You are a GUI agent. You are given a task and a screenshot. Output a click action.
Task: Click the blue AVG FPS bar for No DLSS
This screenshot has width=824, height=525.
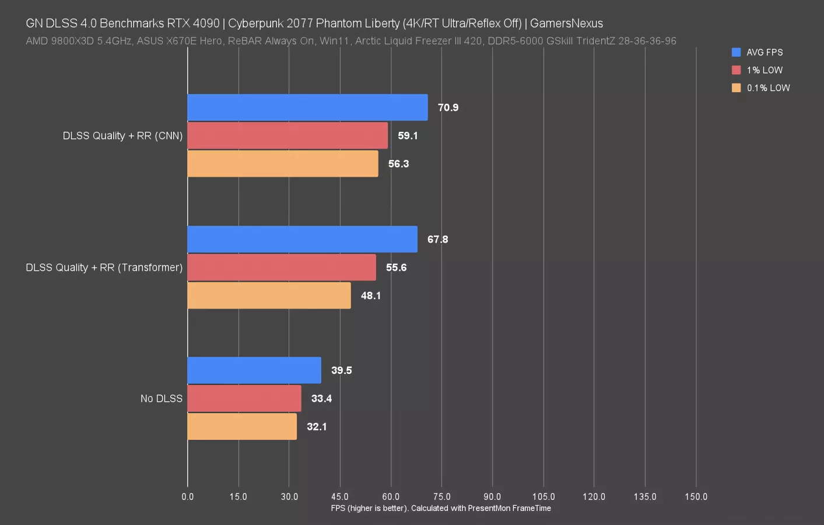click(x=254, y=370)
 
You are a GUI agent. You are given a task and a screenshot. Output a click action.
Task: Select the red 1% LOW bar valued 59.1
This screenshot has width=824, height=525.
click(x=287, y=135)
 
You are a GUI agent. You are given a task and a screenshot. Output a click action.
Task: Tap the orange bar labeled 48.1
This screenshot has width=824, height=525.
click(x=269, y=296)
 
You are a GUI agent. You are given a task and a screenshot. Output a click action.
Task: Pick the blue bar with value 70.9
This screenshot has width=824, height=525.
click(x=307, y=107)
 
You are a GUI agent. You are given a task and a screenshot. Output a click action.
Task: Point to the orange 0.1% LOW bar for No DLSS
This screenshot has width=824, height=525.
click(x=242, y=426)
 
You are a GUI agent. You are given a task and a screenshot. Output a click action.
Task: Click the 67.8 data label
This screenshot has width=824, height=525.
click(x=437, y=239)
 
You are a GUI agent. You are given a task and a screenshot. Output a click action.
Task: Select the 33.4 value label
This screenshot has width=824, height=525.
click(x=321, y=398)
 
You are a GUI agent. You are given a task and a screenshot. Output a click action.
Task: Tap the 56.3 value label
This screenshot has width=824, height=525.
click(x=398, y=164)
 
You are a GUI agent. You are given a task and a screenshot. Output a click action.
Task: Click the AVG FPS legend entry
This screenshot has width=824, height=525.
click(x=764, y=52)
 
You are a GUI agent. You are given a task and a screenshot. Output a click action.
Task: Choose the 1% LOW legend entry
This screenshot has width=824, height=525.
click(x=764, y=70)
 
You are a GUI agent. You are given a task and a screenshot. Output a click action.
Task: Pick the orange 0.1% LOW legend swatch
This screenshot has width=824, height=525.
click(x=737, y=88)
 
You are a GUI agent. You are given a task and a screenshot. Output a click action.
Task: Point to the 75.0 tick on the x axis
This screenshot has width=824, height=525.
click(x=441, y=496)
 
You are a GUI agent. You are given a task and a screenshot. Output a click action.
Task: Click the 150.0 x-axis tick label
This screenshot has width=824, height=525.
click(x=696, y=496)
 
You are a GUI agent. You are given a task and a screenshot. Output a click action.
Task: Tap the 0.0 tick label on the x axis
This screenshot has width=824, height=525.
click(x=188, y=496)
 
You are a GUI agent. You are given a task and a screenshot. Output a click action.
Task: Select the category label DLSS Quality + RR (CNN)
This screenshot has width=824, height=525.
click(x=122, y=136)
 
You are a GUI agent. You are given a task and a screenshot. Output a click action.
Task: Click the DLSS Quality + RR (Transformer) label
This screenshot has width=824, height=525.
click(x=104, y=268)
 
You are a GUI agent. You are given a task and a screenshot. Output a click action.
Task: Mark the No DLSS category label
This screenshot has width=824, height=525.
click(x=162, y=398)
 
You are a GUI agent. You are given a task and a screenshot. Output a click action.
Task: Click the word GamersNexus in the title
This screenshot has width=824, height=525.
click(x=566, y=23)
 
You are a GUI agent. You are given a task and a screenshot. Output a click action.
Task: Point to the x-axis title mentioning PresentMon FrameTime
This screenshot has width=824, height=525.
click(x=441, y=508)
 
